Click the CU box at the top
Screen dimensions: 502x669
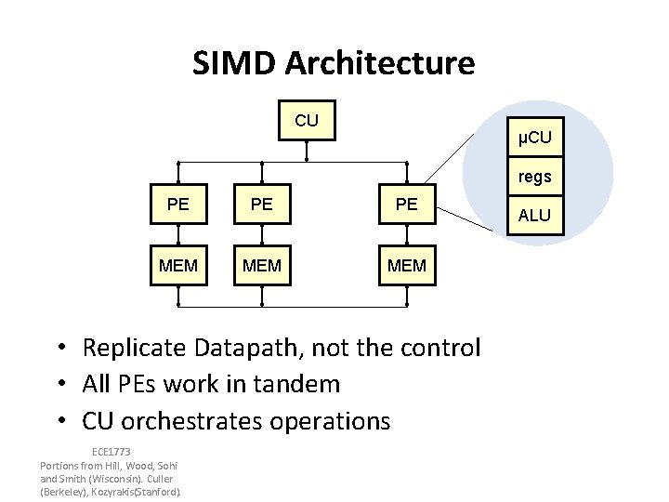[x=307, y=122]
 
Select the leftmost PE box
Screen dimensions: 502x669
[x=178, y=204]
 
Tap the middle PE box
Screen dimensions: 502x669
[x=262, y=204]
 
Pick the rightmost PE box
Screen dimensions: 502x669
[x=406, y=204]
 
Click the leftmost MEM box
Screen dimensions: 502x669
[x=178, y=266]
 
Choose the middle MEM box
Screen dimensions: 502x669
[x=262, y=266]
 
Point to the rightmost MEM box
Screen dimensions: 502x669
[x=406, y=266]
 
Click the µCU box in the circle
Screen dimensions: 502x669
[x=534, y=139]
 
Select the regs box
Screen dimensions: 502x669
[x=534, y=176]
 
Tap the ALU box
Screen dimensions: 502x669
[x=534, y=216]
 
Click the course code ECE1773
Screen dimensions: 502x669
[x=111, y=453]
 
